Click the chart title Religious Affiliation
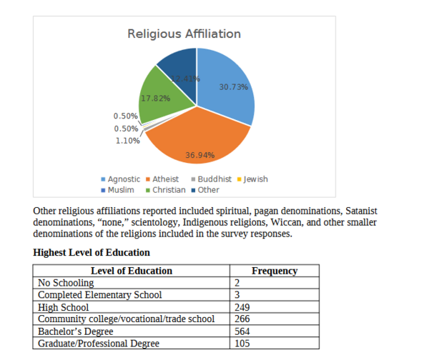184,34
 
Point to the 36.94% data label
200,155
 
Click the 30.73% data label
233,86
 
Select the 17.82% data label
155,99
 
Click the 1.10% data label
127,141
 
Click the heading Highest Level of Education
92,252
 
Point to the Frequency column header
275,271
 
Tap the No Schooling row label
66,283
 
